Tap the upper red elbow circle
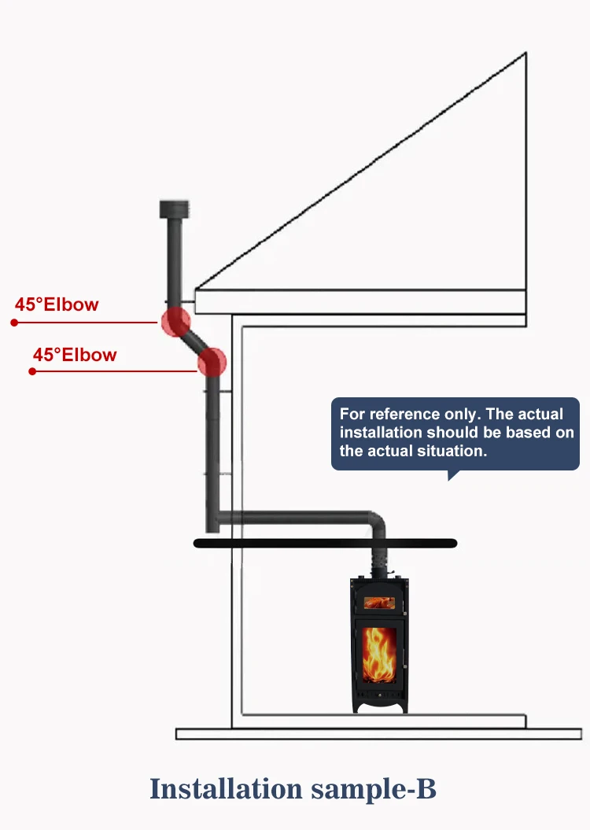coord(175,320)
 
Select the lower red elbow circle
coord(212,363)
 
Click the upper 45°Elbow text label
coord(57,304)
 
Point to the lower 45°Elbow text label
coord(75,355)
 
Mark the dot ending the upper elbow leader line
coord(14,323)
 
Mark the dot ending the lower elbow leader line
coord(32,371)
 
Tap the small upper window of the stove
coord(378,603)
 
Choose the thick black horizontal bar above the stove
coord(325,543)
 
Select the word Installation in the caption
coord(227,788)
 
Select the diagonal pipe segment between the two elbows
coord(194,341)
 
